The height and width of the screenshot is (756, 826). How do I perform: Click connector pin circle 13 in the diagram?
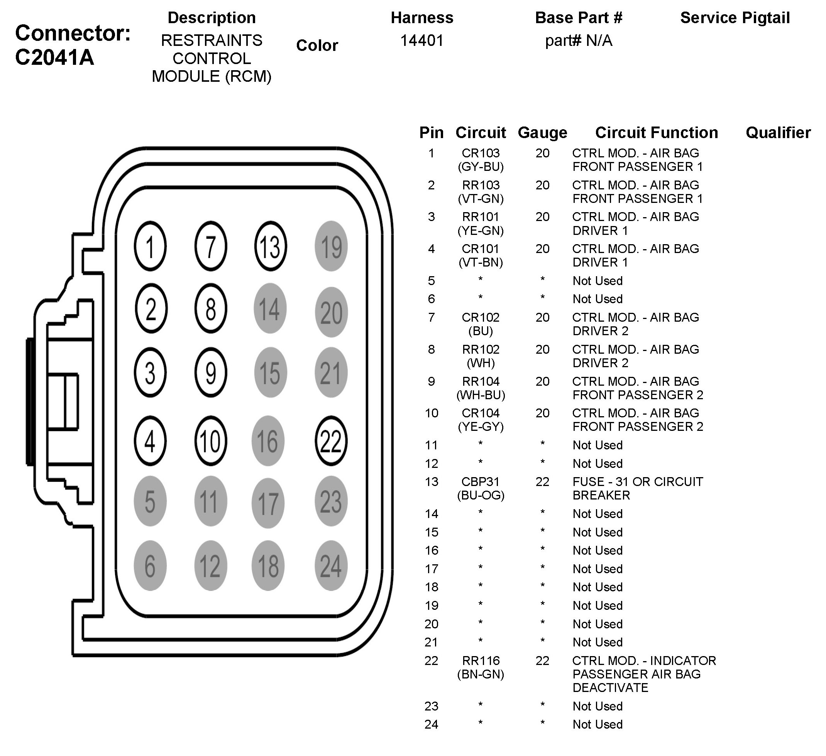[271, 246]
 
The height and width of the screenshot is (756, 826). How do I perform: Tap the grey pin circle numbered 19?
[331, 246]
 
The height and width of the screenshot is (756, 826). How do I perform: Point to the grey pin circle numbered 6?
[150, 565]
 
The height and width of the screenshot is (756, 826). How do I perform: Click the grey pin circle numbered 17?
[268, 503]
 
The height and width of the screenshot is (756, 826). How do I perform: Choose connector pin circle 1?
[150, 246]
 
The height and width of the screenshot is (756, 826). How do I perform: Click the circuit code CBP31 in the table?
[480, 482]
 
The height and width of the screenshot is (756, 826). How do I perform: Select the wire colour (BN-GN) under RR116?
[480, 674]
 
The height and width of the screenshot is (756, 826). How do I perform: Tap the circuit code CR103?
[480, 153]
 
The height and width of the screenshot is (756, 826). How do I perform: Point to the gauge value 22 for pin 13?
[542, 482]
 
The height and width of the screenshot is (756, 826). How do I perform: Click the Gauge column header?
[542, 133]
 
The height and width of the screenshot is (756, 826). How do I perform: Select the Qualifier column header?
[778, 133]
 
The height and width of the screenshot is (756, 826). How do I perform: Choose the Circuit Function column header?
[657, 133]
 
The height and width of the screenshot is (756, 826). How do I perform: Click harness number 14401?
[421, 40]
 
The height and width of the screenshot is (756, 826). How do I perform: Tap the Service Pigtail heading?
[735, 18]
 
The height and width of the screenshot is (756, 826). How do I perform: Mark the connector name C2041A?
[54, 57]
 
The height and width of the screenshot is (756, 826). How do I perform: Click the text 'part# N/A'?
[578, 40]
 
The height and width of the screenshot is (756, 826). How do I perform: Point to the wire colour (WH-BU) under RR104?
[480, 395]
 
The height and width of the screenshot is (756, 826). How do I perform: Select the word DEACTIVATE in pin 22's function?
[610, 688]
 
